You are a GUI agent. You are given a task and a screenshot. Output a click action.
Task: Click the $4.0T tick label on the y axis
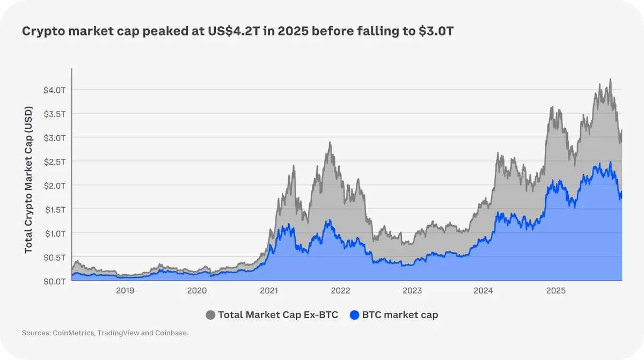pyautogui.click(x=54, y=90)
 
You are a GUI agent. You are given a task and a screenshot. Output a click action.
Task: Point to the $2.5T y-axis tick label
pyautogui.click(x=54, y=161)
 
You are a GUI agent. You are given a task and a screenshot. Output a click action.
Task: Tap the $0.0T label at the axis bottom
pyautogui.click(x=54, y=281)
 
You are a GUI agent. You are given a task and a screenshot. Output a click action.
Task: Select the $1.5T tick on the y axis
pyautogui.click(x=54, y=209)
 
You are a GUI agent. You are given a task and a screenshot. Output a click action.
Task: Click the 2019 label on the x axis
pyautogui.click(x=125, y=291)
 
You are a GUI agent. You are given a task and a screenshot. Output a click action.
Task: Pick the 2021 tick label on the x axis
pyautogui.click(x=269, y=291)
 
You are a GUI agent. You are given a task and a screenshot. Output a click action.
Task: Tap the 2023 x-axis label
pyautogui.click(x=412, y=291)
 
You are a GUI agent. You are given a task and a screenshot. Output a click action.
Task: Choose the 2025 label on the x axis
pyautogui.click(x=556, y=291)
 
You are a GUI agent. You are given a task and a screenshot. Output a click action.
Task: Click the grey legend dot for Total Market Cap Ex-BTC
pyautogui.click(x=211, y=315)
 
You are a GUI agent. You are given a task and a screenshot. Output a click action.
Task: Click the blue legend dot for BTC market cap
pyautogui.click(x=354, y=315)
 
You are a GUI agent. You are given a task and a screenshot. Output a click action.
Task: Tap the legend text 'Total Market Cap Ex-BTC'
pyautogui.click(x=278, y=315)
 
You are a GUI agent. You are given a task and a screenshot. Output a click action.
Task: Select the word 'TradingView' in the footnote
pyautogui.click(x=119, y=334)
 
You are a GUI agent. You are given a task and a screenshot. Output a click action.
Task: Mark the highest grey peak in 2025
pyautogui.click(x=610, y=79)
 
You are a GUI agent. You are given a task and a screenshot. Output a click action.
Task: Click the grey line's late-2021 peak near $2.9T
pyautogui.click(x=330, y=143)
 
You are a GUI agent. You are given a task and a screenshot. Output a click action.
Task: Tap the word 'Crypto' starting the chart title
pyautogui.click(x=41, y=32)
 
